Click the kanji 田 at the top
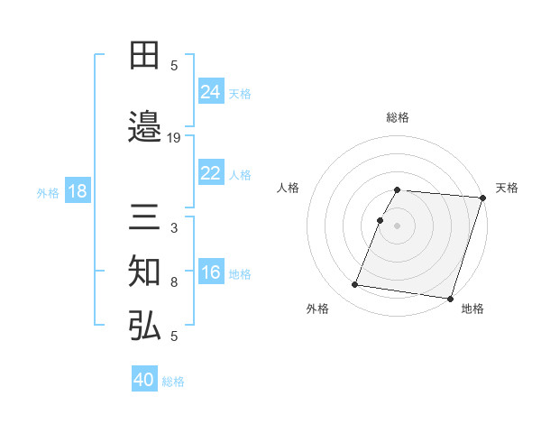pyautogui.click(x=145, y=57)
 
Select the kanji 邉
pyautogui.click(x=145, y=126)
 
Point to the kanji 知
pyautogui.click(x=145, y=272)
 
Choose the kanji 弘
pyautogui.click(x=145, y=326)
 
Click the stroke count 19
pyautogui.click(x=174, y=138)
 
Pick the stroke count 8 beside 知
pyautogui.click(x=174, y=282)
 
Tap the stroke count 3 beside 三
pyautogui.click(x=174, y=228)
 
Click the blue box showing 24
pyautogui.click(x=210, y=92)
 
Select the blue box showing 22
pyautogui.click(x=210, y=173)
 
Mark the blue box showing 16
pyautogui.click(x=210, y=272)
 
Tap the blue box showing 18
pyautogui.click(x=77, y=192)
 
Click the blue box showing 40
pyautogui.click(x=144, y=380)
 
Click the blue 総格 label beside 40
pyautogui.click(x=173, y=382)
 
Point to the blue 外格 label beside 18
pyautogui.click(x=48, y=193)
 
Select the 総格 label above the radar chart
pyautogui.click(x=398, y=117)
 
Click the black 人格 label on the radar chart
pyautogui.click(x=289, y=188)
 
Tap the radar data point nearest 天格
pyautogui.click(x=482, y=198)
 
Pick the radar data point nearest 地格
pyautogui.click(x=449, y=298)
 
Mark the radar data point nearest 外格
pyautogui.click(x=355, y=285)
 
